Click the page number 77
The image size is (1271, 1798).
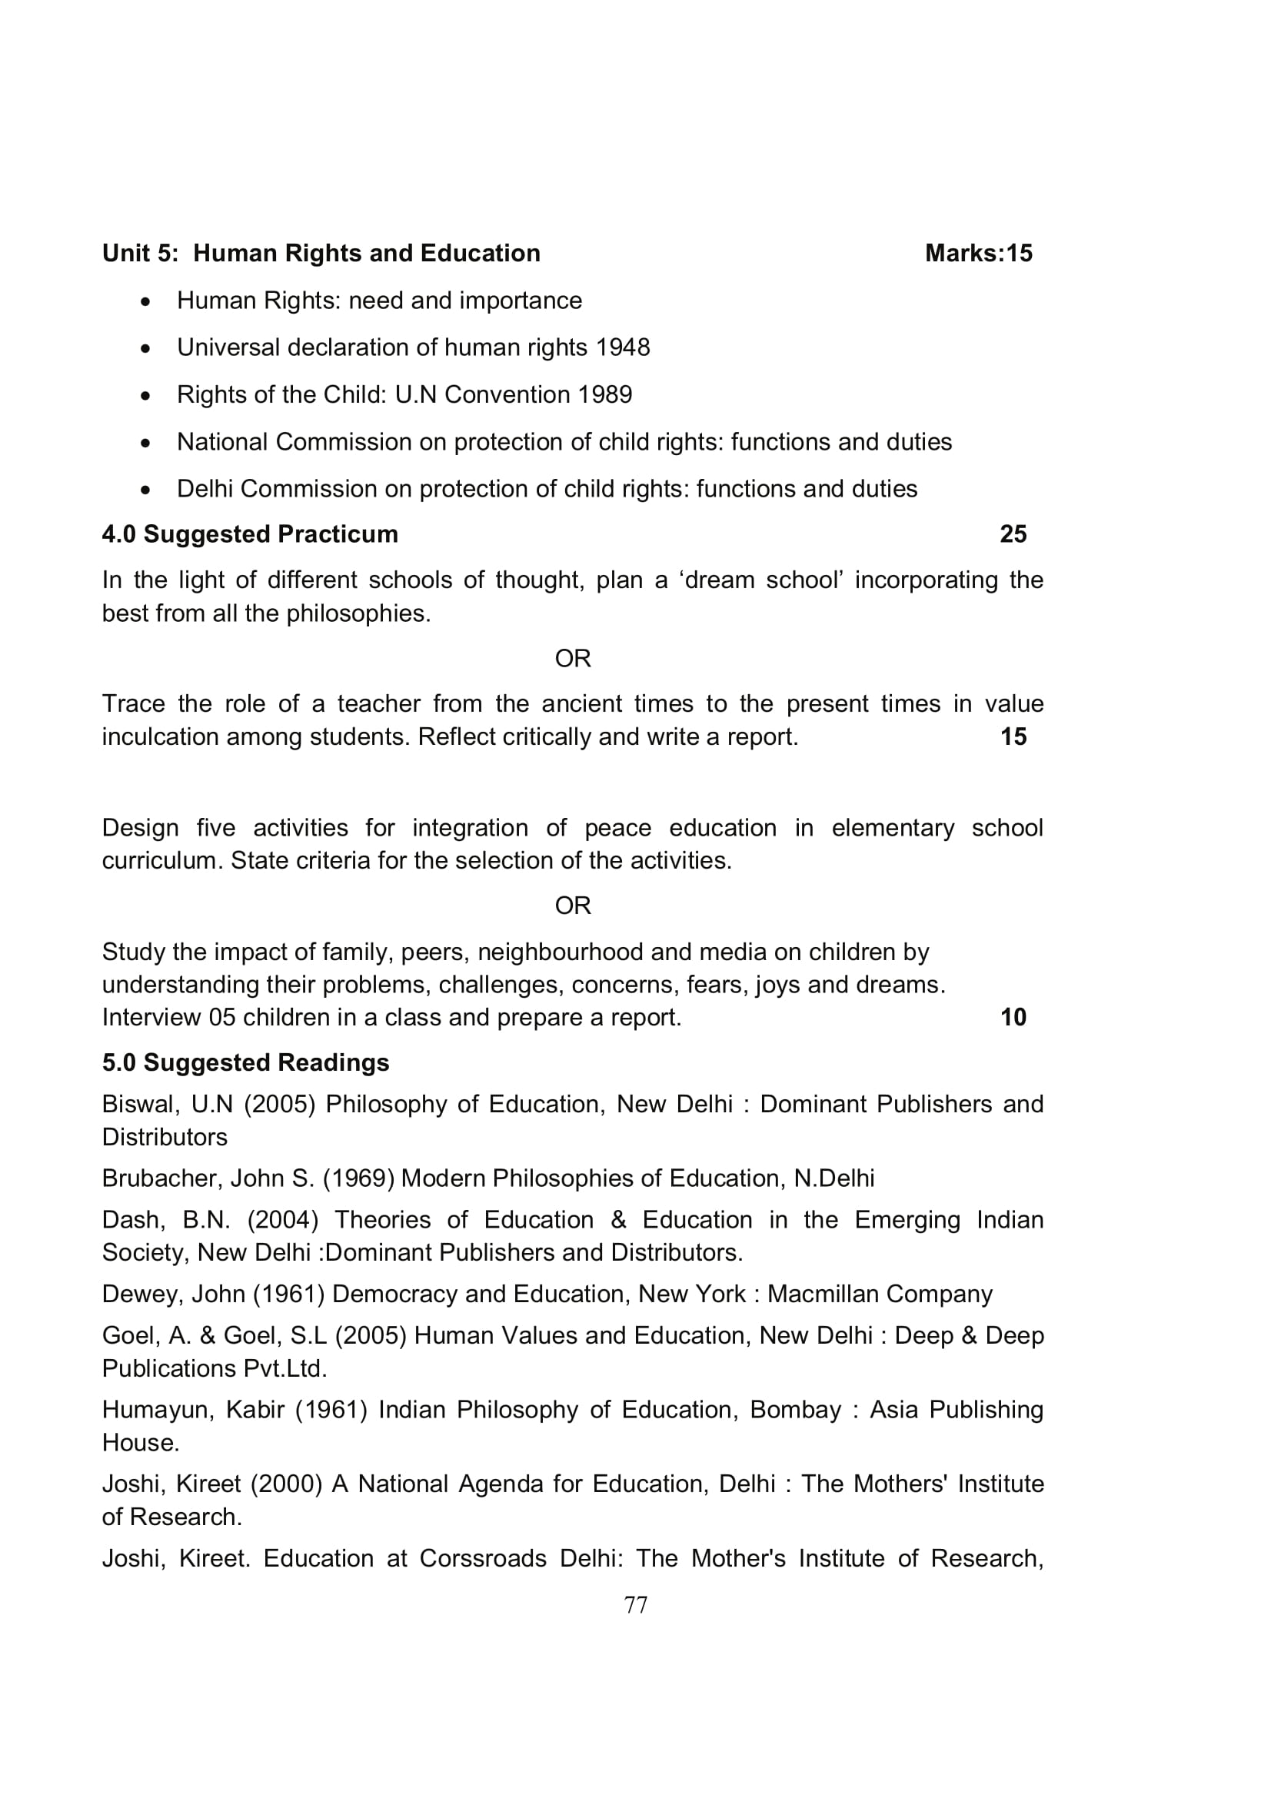coord(635,1604)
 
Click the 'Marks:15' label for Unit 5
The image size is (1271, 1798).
coord(978,253)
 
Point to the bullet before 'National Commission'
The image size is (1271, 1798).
coord(145,444)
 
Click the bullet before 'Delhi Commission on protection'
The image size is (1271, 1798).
coord(145,490)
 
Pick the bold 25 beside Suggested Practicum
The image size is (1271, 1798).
coord(1013,534)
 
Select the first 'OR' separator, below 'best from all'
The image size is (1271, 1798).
coord(573,659)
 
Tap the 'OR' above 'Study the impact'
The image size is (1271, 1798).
coord(573,906)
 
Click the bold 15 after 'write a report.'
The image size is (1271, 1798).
coord(1013,736)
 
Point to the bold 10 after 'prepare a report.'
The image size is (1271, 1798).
coord(1013,1016)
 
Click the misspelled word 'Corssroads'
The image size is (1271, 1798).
coord(482,1558)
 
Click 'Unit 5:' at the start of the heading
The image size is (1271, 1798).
coord(140,253)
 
